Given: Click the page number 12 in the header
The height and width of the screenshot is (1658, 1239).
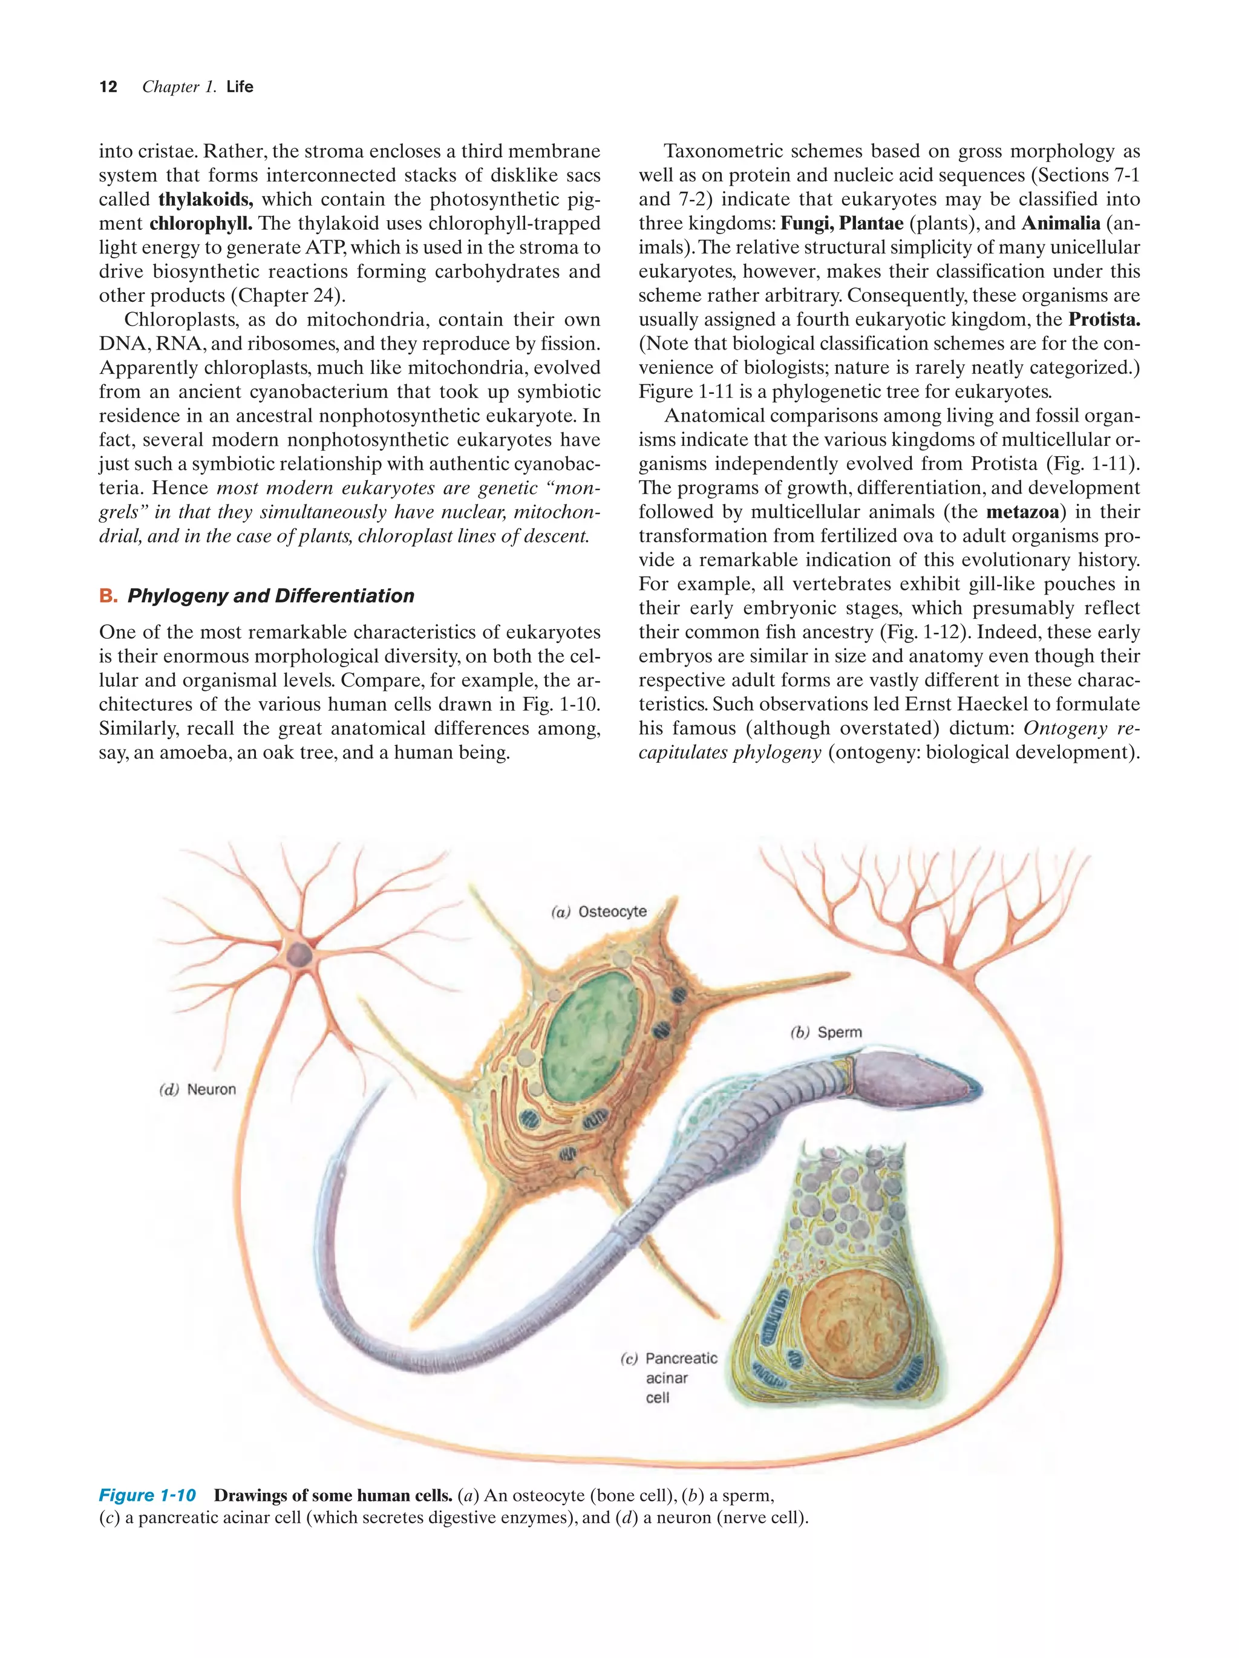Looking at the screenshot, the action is (108, 87).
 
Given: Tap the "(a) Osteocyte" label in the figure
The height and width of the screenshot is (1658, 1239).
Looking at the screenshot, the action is (598, 912).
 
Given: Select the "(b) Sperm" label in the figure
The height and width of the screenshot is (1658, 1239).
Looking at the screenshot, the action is (826, 1032).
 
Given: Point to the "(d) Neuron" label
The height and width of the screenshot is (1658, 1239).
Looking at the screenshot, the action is (197, 1089).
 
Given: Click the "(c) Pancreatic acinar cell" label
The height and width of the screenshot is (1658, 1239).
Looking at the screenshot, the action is (669, 1378).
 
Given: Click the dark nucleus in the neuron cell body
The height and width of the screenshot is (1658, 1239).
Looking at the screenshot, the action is (299, 955).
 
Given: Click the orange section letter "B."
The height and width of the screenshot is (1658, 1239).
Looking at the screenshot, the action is (108, 596).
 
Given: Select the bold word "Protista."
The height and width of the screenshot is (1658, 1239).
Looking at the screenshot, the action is (1104, 319).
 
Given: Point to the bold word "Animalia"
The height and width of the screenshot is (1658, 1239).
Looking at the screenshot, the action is (1061, 223).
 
